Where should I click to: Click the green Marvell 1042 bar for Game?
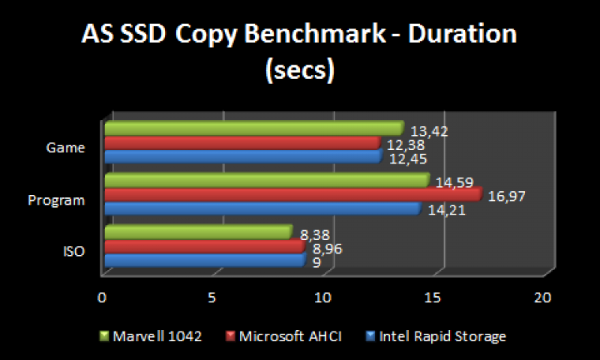click(x=253, y=128)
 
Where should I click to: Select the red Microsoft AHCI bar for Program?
click(x=292, y=194)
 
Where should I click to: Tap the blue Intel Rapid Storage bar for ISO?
click(x=204, y=260)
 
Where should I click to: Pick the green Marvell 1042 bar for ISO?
click(x=197, y=232)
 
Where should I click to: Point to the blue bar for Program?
click(x=262, y=208)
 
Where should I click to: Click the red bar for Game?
click(x=242, y=142)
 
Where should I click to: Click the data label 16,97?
click(x=507, y=196)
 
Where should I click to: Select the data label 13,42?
click(x=429, y=132)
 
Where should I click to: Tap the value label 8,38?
click(x=313, y=235)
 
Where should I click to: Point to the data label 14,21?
click(x=446, y=211)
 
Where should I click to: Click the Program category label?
click(x=55, y=200)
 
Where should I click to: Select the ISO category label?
click(x=73, y=251)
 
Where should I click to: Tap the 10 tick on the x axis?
click(x=322, y=298)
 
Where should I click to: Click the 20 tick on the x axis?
click(x=543, y=298)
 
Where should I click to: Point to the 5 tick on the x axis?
click(x=212, y=298)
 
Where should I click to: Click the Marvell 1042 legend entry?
click(x=157, y=336)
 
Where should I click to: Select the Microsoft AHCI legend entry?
click(x=289, y=336)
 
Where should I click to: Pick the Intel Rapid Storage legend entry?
click(x=442, y=336)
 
